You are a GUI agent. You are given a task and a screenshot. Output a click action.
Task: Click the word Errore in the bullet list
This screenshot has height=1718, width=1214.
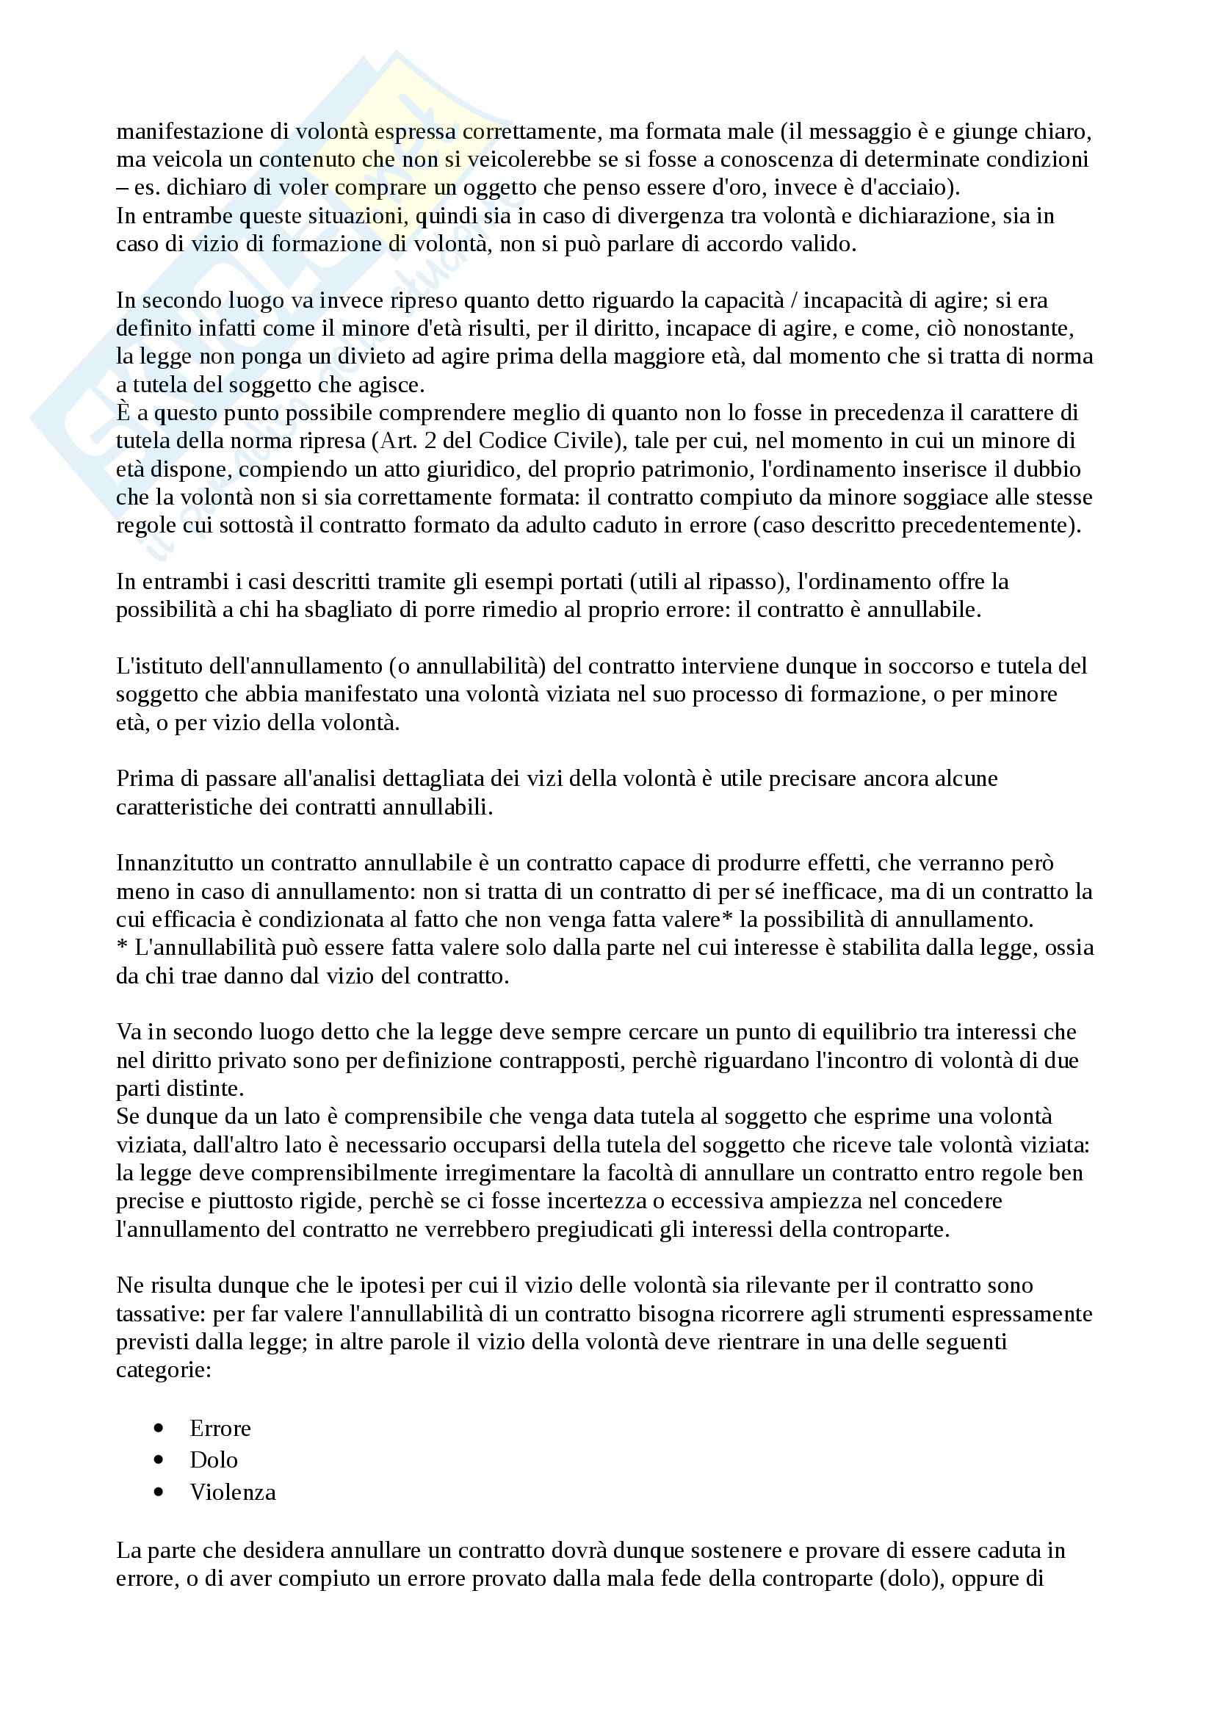pos(220,1429)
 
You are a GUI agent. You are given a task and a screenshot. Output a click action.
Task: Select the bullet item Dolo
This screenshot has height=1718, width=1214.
pos(213,1460)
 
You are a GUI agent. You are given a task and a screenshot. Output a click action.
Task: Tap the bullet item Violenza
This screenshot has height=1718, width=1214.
pos(233,1492)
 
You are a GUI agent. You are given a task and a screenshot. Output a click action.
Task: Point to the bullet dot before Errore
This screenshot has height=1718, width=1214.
pos(158,1429)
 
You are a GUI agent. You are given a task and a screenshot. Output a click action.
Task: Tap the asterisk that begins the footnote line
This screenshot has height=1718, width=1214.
pos(122,949)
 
